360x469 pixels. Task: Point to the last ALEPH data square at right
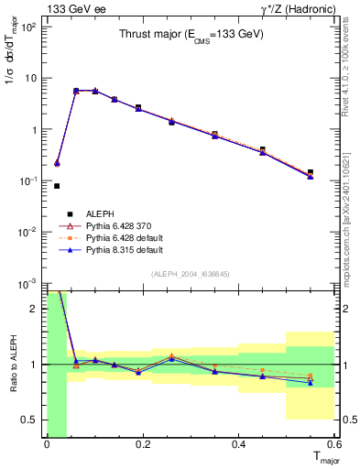pyautogui.click(x=311, y=172)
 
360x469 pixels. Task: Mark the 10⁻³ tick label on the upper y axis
pyautogui.click(x=27, y=283)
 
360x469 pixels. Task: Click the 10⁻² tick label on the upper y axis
pyautogui.click(x=27, y=232)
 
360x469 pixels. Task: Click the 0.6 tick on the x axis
pyautogui.click(x=337, y=444)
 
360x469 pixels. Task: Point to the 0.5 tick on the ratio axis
pyautogui.click(x=30, y=420)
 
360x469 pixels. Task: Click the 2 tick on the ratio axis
pyautogui.click(x=35, y=309)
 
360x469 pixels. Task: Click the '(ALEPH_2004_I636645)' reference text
pyautogui.click(x=191, y=275)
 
